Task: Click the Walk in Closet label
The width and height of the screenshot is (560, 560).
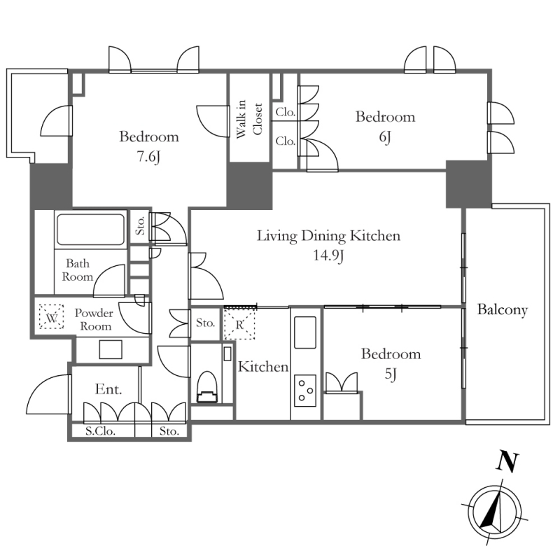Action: coord(249,119)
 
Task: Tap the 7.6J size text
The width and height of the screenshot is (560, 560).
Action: coord(148,156)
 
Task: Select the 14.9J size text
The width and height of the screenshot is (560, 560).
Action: coord(328,255)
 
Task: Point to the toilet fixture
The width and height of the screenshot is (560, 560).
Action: coord(207,388)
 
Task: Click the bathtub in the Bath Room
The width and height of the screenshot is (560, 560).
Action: coord(91,230)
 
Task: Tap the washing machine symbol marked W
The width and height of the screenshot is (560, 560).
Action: coord(51,316)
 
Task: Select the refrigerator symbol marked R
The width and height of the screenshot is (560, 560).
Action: coord(239,324)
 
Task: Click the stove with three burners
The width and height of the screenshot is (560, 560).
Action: coord(305,391)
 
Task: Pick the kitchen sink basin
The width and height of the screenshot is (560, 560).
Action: coord(305,332)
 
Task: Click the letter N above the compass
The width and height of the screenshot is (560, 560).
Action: coord(507,462)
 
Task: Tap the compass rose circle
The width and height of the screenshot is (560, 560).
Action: coord(495,512)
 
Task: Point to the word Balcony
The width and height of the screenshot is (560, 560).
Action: coord(502,309)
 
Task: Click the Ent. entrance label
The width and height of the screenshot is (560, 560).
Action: coord(108,389)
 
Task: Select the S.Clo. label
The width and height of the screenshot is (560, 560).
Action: coord(100,431)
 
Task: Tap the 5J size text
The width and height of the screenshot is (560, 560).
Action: coord(391,374)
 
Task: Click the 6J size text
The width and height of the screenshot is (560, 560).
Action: coord(385,136)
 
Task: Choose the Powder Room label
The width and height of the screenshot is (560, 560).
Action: coord(94,319)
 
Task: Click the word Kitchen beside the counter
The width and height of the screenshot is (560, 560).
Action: coord(263,367)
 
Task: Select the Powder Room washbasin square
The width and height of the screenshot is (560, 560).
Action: coord(111,349)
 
